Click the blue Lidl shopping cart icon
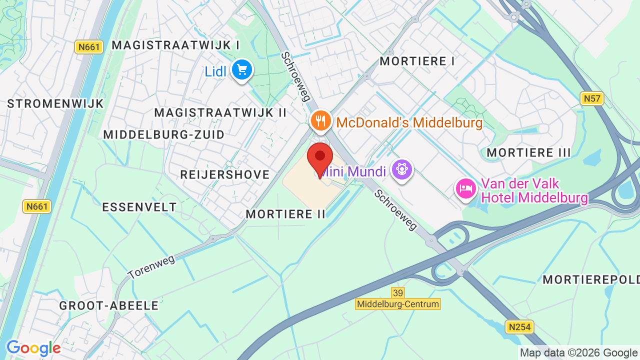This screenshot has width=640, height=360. tap(242, 70)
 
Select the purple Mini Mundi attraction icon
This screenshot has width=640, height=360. tap(401, 170)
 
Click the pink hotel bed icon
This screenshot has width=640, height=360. tap(466, 189)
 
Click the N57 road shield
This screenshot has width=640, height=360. tap(592, 98)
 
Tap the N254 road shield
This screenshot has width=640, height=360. tap(519, 327)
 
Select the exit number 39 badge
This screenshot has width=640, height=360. tap(397, 292)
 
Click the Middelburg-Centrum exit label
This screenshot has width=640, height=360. tap(398, 304)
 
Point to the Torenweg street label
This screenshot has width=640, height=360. tap(151, 267)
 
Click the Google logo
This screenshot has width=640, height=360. tap(33, 348)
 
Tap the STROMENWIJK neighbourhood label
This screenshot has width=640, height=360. tap(55, 104)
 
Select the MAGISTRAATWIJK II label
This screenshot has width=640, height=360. tap(220, 112)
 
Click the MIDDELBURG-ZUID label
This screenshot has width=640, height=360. tap(164, 134)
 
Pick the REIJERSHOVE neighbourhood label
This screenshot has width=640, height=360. tap(225, 174)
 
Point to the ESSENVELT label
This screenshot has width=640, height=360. tap(139, 207)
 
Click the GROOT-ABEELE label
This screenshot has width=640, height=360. tap(109, 305)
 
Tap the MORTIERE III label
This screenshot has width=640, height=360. tap(528, 152)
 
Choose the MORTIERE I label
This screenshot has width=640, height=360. tap(417, 61)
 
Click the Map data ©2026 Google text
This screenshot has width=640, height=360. tap(578, 353)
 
